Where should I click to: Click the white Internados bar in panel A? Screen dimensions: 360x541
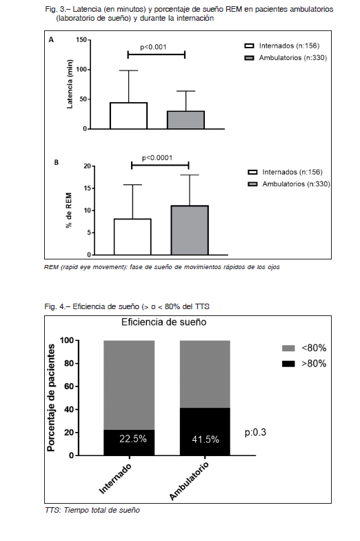tap(128, 116)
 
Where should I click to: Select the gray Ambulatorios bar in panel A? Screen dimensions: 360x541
tap(186, 120)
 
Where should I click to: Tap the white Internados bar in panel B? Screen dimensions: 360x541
tap(132, 237)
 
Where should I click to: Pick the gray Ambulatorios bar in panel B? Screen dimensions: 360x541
tap(190, 230)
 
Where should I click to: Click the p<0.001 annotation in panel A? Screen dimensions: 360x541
tap(153, 47)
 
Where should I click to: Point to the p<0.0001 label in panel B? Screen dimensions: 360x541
tap(157, 157)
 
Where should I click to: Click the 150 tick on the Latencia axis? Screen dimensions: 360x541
tap(81, 40)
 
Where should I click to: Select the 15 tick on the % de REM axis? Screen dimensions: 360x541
tap(88, 188)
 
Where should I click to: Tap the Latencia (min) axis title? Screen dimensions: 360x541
tap(70, 84)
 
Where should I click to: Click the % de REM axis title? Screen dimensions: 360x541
tap(69, 210)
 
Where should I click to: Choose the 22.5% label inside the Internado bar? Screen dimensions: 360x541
tap(133, 439)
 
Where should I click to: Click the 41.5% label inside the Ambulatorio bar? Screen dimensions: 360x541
tap(206, 439)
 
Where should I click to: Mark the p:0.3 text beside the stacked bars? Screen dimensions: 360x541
tap(255, 433)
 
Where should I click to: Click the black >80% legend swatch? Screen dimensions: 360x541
tap(288, 364)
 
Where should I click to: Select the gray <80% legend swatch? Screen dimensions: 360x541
tap(288, 348)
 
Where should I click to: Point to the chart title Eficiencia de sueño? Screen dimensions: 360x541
tap(164, 322)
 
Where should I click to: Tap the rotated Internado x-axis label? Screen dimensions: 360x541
tap(115, 479)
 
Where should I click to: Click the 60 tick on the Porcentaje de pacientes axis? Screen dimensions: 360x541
tap(69, 386)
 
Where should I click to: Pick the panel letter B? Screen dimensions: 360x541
tap(57, 162)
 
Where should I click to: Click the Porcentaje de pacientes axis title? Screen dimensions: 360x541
tap(51, 397)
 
